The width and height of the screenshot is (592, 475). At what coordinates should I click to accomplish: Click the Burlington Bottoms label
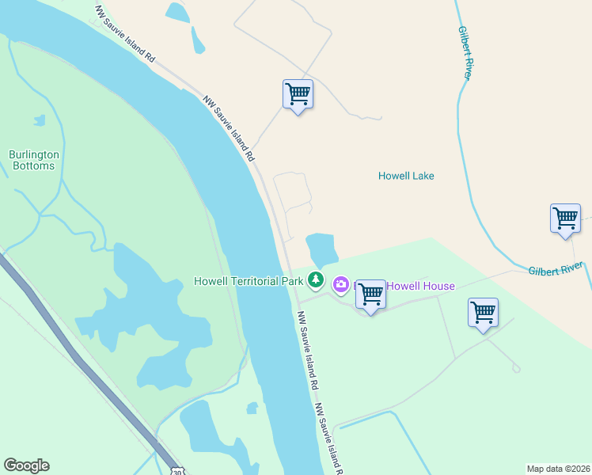pos(32,160)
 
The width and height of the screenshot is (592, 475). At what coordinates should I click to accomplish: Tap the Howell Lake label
pos(406,176)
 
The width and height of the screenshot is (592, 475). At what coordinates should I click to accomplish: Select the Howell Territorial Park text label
pos(249,281)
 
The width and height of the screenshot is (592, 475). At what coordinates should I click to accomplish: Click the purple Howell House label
pos(420,286)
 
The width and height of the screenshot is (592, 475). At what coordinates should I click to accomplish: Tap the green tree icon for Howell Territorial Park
pos(316,279)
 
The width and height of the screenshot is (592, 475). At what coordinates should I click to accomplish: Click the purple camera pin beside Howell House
pos(341,283)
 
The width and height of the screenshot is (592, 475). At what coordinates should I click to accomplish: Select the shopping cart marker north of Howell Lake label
pos(298,94)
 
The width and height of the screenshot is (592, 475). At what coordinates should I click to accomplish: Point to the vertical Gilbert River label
pos(466,52)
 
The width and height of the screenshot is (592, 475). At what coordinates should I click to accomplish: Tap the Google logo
pos(26,465)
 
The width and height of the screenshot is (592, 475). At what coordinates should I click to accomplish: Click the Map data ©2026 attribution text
pos(559,469)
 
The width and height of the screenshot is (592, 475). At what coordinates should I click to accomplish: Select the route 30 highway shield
pos(176,469)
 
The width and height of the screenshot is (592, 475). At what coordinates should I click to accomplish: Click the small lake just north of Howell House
pos(321,249)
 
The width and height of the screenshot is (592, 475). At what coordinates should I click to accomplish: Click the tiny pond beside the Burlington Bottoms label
pos(39,120)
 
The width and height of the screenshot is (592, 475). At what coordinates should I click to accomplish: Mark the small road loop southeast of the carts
pos(516,368)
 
